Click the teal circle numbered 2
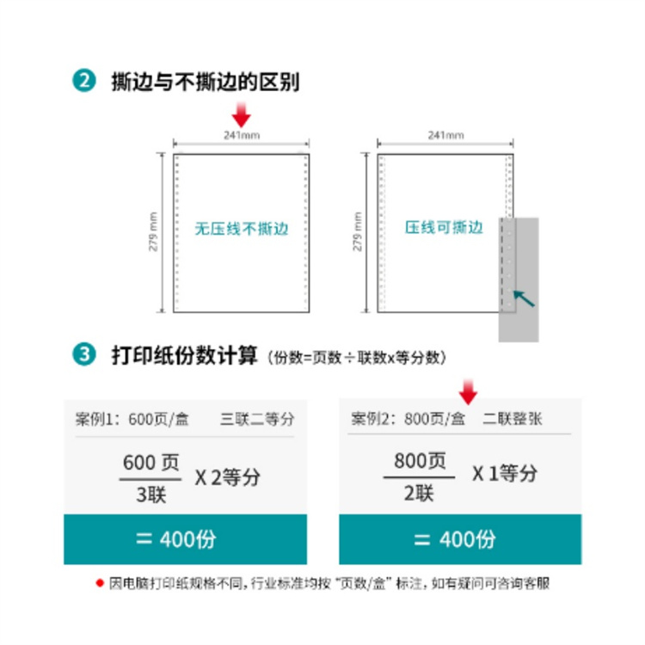tap(84, 82)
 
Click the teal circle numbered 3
tap(84, 354)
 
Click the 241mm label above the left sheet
tap(242, 135)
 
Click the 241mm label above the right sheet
tap(445, 135)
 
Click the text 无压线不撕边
tap(241, 230)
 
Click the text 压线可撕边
tap(445, 228)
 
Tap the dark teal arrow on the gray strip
tap(523, 298)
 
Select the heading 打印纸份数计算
tap(184, 354)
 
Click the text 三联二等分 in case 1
tap(257, 420)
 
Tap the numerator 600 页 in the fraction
tap(151, 463)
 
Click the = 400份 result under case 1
tap(185, 539)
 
